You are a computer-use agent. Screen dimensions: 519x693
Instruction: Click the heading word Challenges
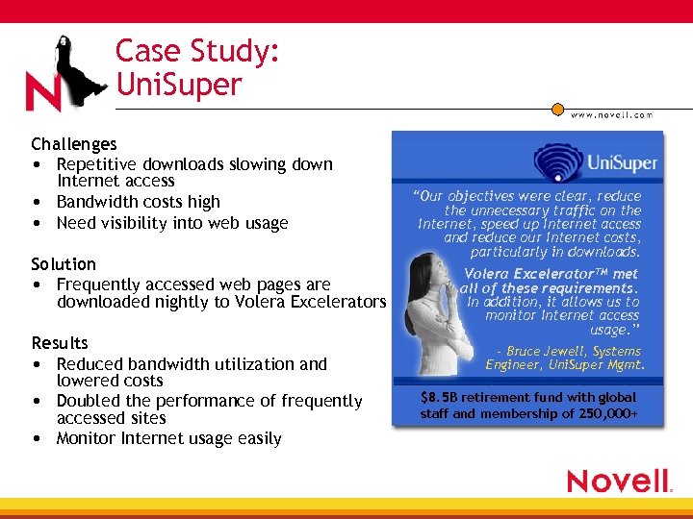click(73, 144)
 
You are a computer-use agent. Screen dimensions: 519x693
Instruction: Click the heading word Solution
click(64, 263)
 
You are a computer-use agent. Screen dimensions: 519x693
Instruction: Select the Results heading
click(60, 343)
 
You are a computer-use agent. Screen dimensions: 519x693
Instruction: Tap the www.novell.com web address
click(611, 114)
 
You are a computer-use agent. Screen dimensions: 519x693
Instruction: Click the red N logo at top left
click(43, 92)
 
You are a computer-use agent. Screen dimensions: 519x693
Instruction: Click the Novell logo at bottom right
click(618, 481)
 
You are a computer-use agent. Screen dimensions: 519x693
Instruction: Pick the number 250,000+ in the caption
click(607, 414)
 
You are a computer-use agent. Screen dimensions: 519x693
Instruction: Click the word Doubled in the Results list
click(89, 401)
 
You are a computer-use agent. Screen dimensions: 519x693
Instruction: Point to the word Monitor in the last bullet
click(88, 438)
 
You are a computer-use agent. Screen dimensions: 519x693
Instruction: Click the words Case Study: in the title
click(197, 51)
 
